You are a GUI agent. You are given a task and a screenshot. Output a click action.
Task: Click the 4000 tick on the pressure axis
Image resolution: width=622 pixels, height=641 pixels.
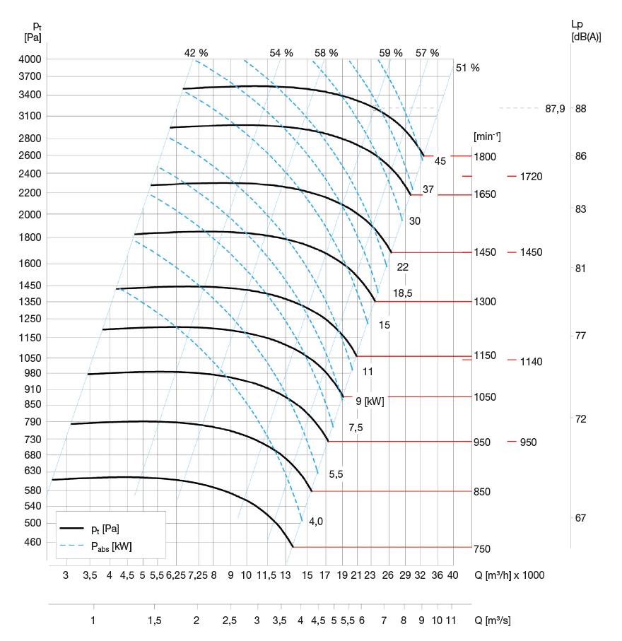32,59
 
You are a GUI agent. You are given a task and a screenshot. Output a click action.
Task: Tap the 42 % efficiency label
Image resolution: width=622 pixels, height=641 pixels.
196,53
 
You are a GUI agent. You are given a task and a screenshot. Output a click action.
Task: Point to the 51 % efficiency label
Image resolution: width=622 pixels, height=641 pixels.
467,69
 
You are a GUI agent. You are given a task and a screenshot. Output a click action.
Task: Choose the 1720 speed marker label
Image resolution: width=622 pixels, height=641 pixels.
530,176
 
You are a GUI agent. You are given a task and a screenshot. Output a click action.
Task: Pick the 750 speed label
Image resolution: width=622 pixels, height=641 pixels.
482,548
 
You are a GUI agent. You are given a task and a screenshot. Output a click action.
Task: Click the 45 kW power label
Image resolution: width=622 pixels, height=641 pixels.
440,161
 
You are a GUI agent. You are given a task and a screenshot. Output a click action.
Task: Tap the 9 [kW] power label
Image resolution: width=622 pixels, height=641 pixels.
370,401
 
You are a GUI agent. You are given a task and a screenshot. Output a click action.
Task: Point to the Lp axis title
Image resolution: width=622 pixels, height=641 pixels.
577,25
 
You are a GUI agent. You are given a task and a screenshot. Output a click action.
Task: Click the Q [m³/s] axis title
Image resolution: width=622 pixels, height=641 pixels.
492,621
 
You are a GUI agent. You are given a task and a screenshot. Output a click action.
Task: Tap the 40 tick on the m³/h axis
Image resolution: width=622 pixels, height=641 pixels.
453,575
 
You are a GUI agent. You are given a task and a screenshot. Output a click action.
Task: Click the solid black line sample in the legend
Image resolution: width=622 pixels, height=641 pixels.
72,528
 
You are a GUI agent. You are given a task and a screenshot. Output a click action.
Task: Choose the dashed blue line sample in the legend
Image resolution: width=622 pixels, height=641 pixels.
72,546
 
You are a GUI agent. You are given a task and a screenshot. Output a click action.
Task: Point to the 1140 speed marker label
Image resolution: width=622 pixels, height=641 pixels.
530,362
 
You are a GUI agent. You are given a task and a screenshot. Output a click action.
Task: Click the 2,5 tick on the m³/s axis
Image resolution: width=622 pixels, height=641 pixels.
230,621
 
